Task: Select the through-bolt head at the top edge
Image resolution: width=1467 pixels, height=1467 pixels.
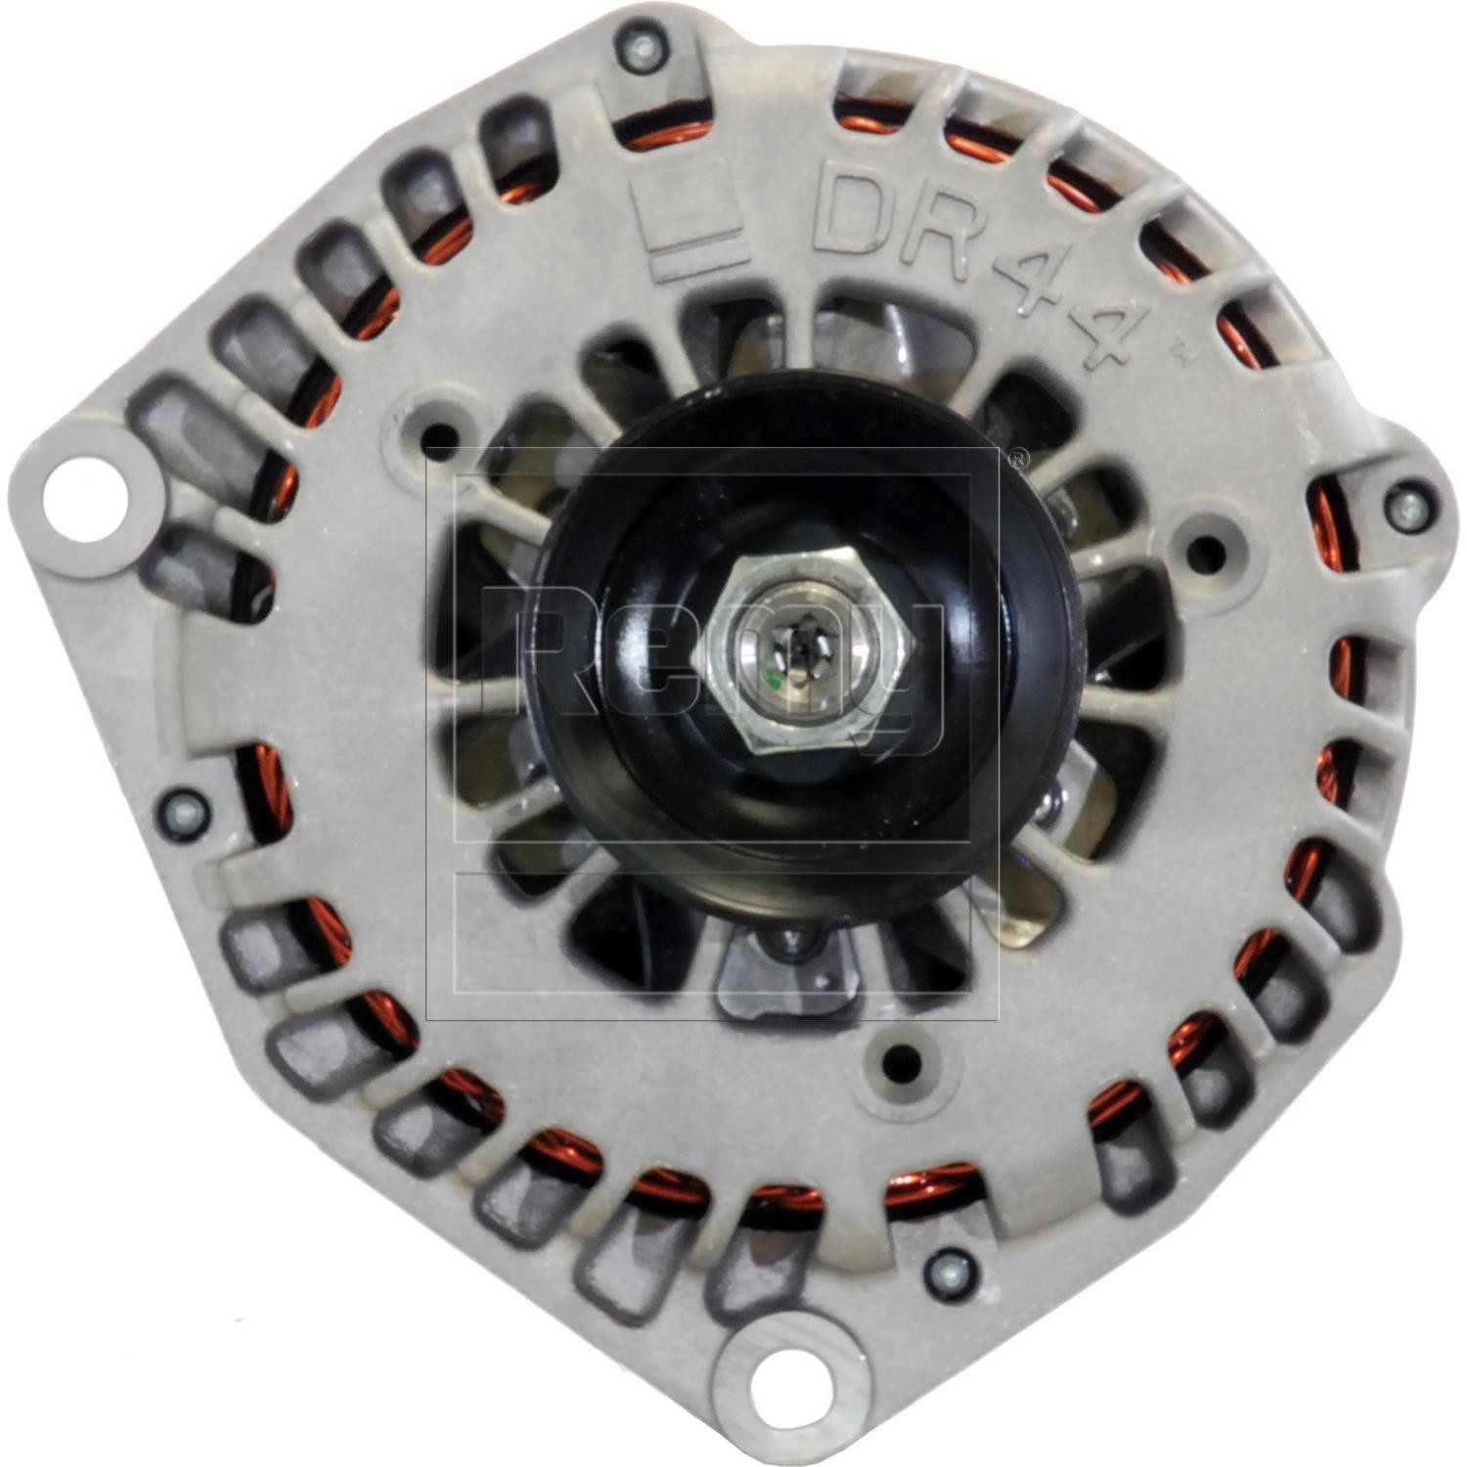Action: pyautogui.click(x=638, y=49)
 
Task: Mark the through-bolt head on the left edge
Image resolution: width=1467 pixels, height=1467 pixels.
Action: pyautogui.click(x=184, y=809)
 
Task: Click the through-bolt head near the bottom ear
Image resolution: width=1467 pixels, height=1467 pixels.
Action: pyautogui.click(x=949, y=1267)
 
